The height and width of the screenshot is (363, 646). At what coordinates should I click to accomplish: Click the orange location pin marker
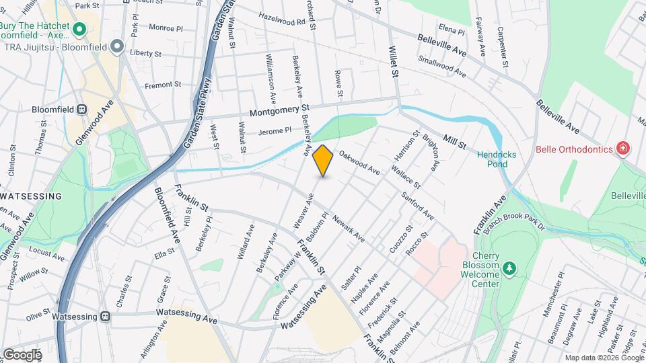323,161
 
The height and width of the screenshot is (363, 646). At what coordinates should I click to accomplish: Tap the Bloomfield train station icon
82,109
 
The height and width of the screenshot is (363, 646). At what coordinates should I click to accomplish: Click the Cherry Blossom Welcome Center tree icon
510,269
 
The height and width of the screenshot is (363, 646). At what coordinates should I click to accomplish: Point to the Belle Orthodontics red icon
623,149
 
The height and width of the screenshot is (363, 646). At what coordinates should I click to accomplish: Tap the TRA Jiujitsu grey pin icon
118,46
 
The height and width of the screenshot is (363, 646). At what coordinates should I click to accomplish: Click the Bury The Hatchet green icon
79,29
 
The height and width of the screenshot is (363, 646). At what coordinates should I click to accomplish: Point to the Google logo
22,354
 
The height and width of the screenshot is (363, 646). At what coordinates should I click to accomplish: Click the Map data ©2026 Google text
604,358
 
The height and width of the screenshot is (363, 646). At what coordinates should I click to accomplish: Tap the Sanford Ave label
418,206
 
